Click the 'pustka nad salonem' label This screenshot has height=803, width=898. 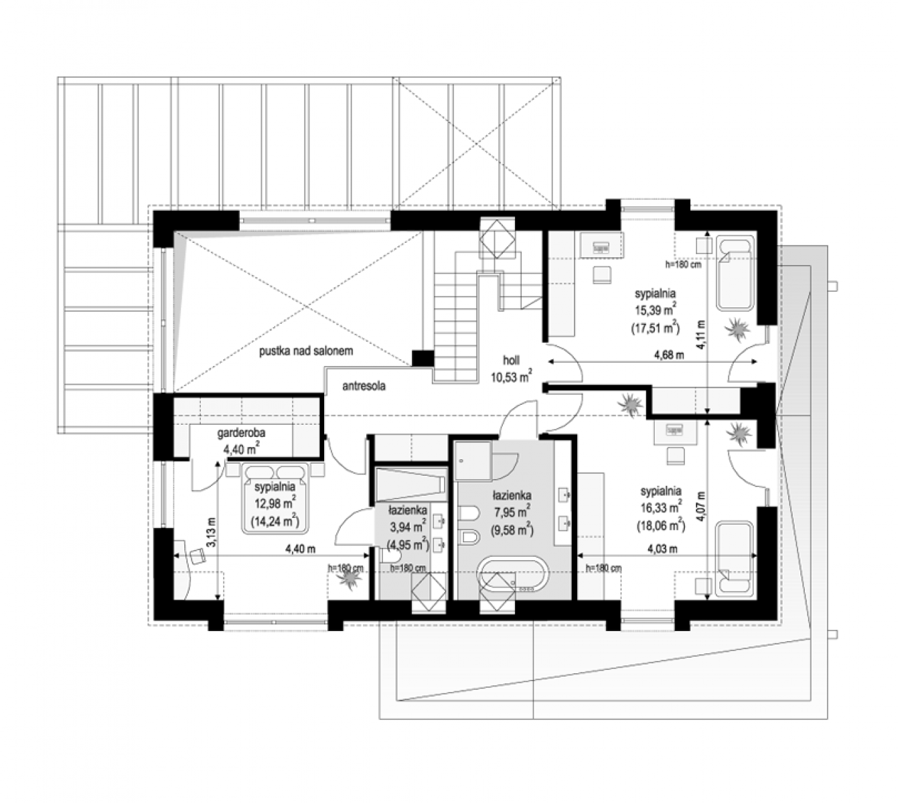[306, 351]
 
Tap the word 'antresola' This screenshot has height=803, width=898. [364, 386]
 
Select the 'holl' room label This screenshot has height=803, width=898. [511, 360]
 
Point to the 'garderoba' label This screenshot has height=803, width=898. [241, 433]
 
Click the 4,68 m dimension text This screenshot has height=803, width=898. [669, 355]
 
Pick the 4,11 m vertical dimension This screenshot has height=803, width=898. [700, 335]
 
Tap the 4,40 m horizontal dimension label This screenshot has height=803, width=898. [300, 549]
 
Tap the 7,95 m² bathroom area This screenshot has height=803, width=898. [512, 512]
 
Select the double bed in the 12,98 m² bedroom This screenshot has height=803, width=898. [275, 498]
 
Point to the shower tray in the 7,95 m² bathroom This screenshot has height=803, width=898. [473, 460]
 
